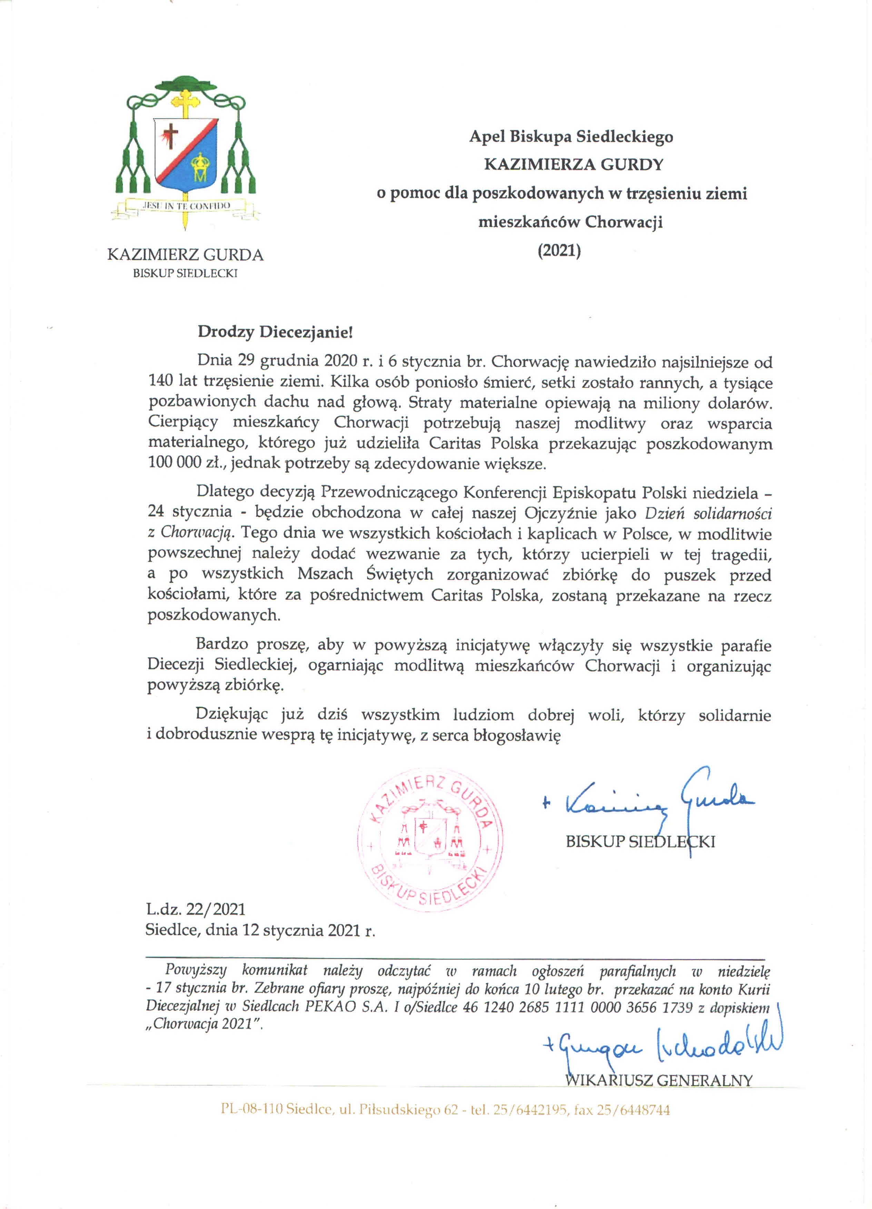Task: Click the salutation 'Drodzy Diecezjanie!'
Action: coord(275,332)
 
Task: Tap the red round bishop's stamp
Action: coord(430,839)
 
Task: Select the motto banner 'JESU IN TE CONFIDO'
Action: coord(186,206)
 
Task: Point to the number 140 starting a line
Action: coord(160,381)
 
